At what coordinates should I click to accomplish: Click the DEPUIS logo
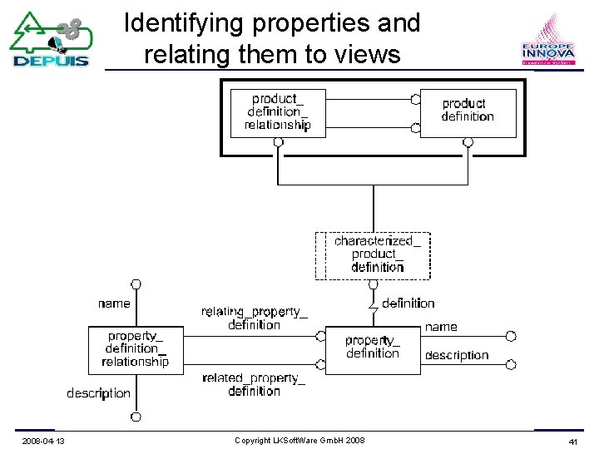pyautogui.click(x=51, y=40)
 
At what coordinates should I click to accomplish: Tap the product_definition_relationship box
pyautogui.click(x=277, y=112)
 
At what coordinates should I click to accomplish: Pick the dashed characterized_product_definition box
pyautogui.click(x=373, y=254)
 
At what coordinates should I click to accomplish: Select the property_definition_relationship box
pyautogui.click(x=136, y=349)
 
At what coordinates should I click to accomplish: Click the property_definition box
pyautogui.click(x=372, y=348)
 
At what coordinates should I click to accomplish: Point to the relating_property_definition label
pyautogui.click(x=254, y=318)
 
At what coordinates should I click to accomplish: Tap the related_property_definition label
pyautogui.click(x=254, y=384)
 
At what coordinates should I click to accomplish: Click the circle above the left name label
pyautogui.click(x=136, y=284)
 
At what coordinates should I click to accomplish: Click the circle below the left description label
pyautogui.click(x=136, y=416)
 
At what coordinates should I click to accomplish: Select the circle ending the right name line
pyautogui.click(x=511, y=336)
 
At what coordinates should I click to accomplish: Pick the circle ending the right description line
pyautogui.click(x=511, y=363)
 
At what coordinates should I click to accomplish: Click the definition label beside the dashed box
pyautogui.click(x=408, y=303)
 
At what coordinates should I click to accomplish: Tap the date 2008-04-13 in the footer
pyautogui.click(x=44, y=440)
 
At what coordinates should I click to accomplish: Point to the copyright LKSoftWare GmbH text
pyautogui.click(x=299, y=440)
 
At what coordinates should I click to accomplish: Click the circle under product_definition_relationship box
pyautogui.click(x=279, y=142)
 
